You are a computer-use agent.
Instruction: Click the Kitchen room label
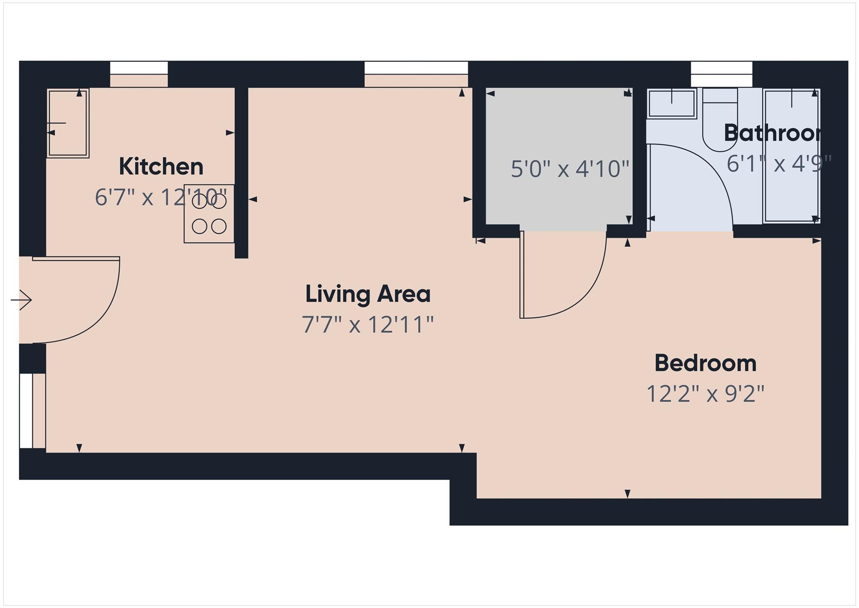[161, 167]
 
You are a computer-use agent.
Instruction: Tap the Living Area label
[367, 294]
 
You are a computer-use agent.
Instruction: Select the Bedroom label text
[705, 363]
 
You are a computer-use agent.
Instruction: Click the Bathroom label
[772, 133]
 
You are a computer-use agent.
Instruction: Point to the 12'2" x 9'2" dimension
[705, 394]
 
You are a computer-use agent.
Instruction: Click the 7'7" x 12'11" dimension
[367, 325]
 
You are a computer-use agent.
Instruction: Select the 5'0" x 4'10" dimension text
[570, 169]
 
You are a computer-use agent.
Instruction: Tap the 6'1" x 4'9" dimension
[778, 164]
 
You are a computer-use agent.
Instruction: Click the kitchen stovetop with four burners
[209, 214]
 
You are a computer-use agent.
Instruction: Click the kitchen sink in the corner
[68, 123]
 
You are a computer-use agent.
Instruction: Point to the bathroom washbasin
[672, 103]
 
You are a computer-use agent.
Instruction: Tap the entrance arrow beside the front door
[21, 300]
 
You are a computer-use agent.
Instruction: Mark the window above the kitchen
[139, 68]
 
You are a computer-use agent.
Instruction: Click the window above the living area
[416, 68]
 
